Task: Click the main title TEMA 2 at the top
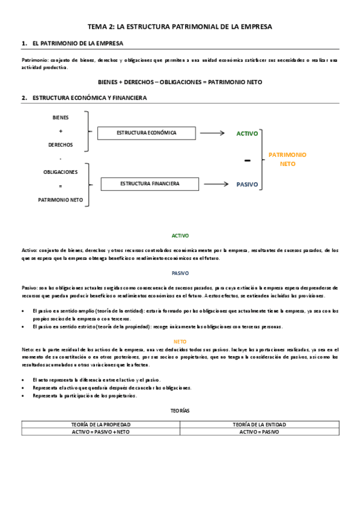[180, 27]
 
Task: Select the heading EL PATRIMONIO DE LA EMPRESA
[78, 44]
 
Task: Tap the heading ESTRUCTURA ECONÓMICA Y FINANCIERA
[90, 97]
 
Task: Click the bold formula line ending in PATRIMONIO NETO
[180, 81]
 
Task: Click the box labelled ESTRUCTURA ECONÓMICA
[146, 133]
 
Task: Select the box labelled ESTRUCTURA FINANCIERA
[150, 183]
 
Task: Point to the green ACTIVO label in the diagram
[247, 134]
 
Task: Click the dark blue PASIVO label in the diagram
[247, 185]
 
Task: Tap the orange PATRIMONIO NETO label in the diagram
[287, 159]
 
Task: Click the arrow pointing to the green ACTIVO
[212, 134]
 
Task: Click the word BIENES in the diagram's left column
[61, 118]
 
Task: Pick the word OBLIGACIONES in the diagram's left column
[61, 172]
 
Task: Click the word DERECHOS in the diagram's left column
[61, 145]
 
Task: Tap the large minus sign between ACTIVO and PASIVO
[247, 161]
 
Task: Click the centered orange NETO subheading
[180, 342]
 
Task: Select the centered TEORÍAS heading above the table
[180, 410]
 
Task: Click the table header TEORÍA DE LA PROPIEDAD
[100, 424]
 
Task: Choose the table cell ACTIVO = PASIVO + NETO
[100, 431]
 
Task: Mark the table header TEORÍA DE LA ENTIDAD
[259, 424]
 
